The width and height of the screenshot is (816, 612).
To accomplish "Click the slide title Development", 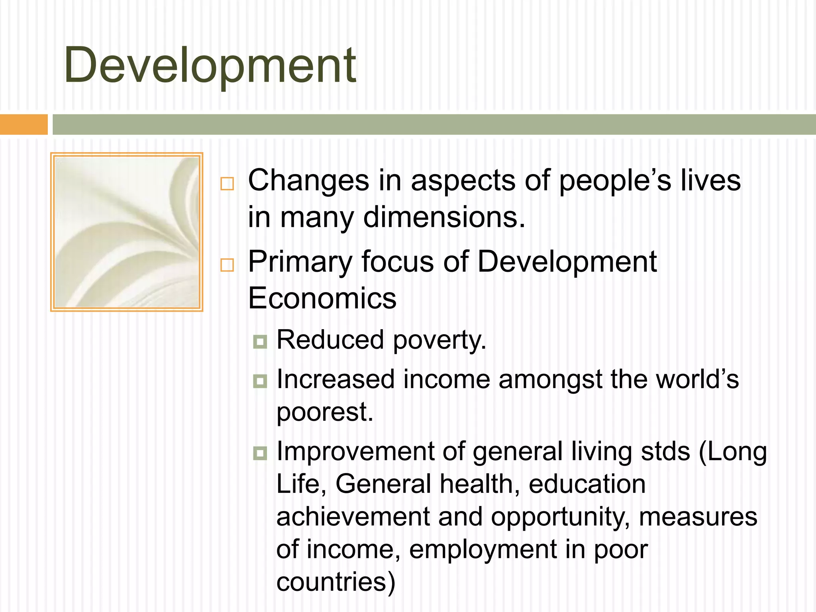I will [x=210, y=66].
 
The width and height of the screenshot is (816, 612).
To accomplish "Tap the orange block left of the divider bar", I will [x=24, y=124].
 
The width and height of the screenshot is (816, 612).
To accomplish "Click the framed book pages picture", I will [x=127, y=232].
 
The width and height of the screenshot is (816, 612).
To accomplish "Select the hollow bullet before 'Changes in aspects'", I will [x=227, y=184].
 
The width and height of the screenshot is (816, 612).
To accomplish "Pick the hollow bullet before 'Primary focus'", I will [x=227, y=265].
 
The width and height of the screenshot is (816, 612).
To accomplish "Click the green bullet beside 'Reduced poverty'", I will [x=260, y=341].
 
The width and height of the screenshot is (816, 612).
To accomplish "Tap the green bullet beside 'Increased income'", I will [x=260, y=381].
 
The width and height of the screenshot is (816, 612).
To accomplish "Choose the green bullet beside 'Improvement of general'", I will [x=260, y=453].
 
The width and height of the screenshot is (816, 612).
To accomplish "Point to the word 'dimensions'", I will [x=444, y=218].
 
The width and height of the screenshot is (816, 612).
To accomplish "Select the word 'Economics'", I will [x=322, y=298].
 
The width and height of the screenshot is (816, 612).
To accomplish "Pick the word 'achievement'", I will [x=353, y=517].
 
